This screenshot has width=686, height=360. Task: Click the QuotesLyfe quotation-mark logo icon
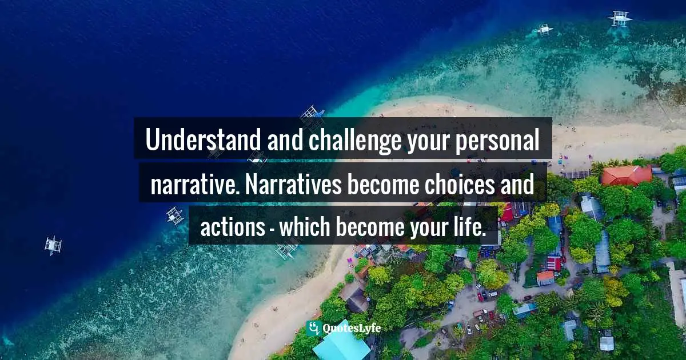click(x=313, y=328)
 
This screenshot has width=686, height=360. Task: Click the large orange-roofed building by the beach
click(x=625, y=174)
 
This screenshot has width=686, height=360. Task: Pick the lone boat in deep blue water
click(x=53, y=245)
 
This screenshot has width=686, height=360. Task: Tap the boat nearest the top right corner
click(x=620, y=18)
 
